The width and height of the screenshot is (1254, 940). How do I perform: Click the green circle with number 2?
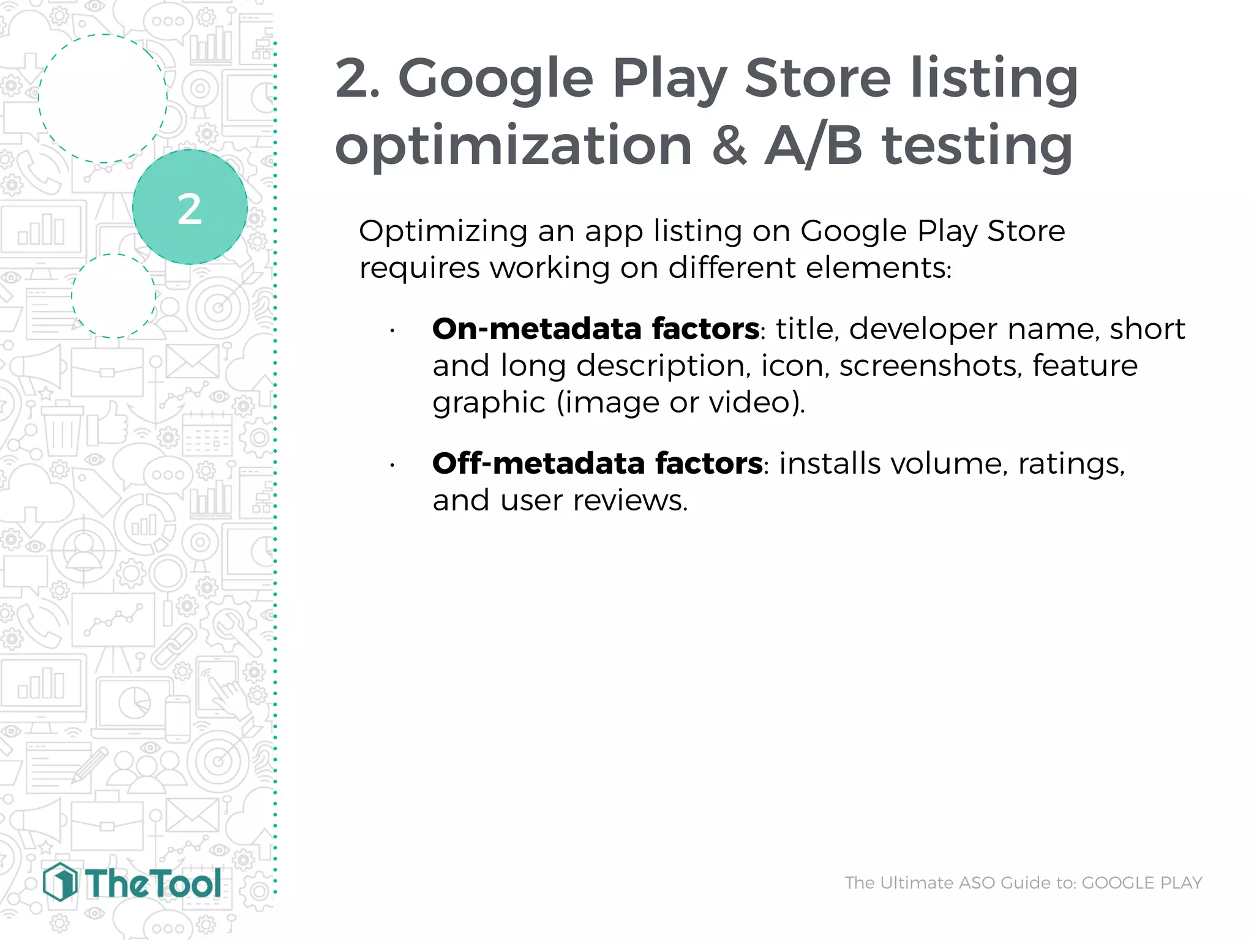(190, 207)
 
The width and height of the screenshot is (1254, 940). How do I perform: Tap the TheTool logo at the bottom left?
(132, 882)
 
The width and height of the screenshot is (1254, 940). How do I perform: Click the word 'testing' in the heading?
(977, 147)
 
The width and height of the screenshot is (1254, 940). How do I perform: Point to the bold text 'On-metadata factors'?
(595, 329)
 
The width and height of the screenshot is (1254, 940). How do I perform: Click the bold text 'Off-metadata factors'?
(597, 463)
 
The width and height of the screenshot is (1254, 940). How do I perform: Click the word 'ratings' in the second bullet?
(1071, 463)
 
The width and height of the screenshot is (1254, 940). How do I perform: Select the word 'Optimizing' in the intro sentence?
(443, 232)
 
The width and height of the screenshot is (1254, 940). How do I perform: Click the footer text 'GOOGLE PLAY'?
(1142, 882)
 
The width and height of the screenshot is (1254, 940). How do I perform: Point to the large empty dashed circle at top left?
(103, 99)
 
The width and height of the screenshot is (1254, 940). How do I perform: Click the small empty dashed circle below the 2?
(113, 296)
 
